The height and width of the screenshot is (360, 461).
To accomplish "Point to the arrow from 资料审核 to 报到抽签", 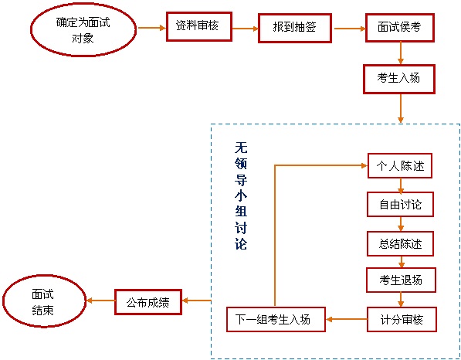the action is (246, 29).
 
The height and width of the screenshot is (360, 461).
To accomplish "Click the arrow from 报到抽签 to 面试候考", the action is (350, 29).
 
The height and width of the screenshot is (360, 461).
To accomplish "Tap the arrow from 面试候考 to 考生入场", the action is (401, 53).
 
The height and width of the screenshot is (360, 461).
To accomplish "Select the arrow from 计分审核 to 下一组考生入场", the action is (347, 319).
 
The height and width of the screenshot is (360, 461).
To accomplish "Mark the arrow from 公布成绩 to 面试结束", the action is (100, 301).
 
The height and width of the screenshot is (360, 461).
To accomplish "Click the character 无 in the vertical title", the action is (241, 148).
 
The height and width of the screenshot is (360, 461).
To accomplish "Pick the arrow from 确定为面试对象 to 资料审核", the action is (152, 28).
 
